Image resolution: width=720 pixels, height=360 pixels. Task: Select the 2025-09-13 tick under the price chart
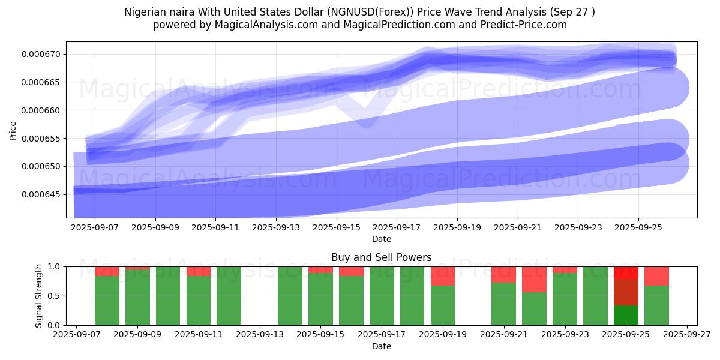(275, 228)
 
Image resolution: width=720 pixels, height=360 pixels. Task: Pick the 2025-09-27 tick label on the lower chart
(687, 335)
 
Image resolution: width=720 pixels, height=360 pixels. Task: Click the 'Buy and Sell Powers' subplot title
(381, 257)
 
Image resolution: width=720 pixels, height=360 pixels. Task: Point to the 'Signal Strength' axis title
(39, 296)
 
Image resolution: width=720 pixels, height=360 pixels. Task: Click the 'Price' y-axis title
(13, 130)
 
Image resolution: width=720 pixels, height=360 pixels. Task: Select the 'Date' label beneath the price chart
(381, 239)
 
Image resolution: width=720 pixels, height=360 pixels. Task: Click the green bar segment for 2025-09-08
(107, 301)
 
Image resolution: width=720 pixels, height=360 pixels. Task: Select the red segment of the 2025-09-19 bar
(443, 276)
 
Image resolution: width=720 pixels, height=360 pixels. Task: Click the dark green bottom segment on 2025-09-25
(626, 315)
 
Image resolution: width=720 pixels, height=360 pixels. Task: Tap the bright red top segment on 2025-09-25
(626, 272)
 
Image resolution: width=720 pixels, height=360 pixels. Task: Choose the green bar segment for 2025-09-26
(656, 305)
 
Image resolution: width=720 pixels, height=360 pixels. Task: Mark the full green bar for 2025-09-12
(229, 296)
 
